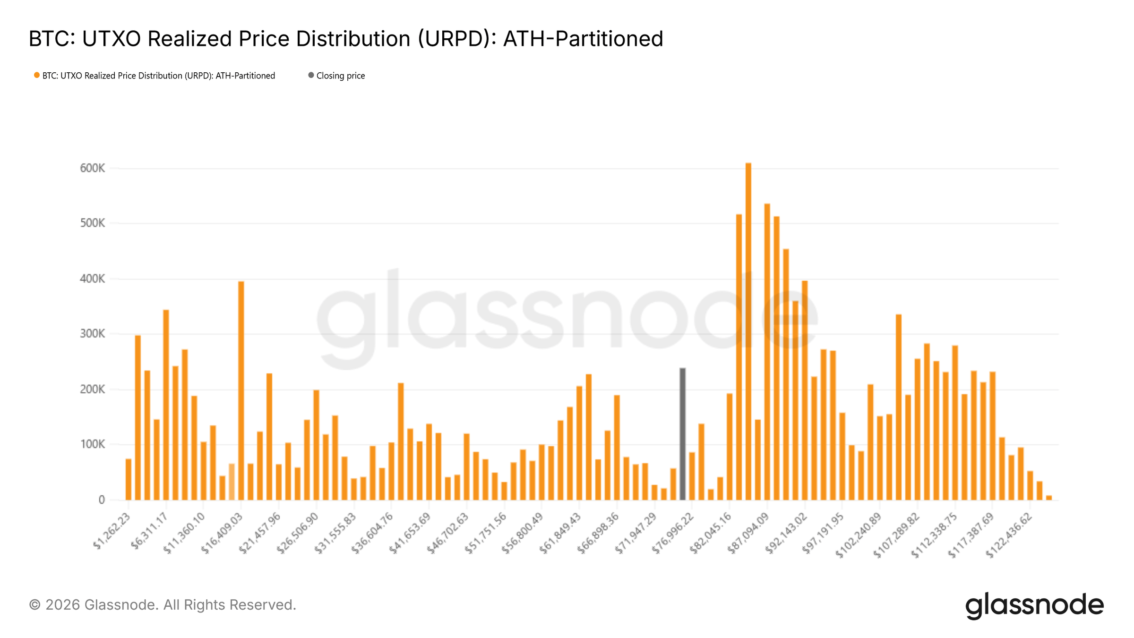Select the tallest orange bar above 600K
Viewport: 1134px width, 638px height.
point(748,331)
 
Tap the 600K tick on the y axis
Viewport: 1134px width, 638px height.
point(93,168)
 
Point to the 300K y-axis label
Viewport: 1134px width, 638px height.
point(93,334)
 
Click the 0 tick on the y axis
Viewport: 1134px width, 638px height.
point(102,500)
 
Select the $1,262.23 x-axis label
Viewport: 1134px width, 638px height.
point(112,531)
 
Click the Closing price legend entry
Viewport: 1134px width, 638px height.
point(340,76)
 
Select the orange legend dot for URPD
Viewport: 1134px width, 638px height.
point(36,75)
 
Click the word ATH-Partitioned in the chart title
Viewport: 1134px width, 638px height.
point(583,39)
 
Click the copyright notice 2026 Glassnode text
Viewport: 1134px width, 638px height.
point(163,604)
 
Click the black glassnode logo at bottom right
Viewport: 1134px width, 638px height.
point(1034,605)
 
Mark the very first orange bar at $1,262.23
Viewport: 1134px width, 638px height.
point(128,479)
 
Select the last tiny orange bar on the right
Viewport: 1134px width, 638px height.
point(1049,497)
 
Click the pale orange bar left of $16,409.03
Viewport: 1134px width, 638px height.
point(232,482)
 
